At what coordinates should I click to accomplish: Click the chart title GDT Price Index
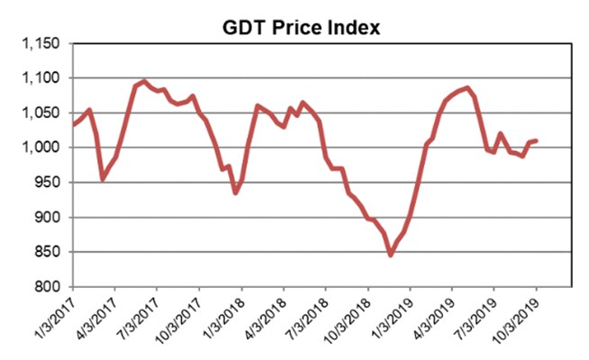(x=302, y=27)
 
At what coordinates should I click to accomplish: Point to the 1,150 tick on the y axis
(x=39, y=44)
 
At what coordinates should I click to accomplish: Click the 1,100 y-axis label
(x=39, y=79)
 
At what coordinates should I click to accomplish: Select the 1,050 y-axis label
(x=39, y=113)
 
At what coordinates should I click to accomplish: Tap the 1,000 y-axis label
(x=39, y=148)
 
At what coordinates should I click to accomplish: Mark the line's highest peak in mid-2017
(x=144, y=81)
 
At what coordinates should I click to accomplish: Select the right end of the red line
(x=538, y=140)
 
